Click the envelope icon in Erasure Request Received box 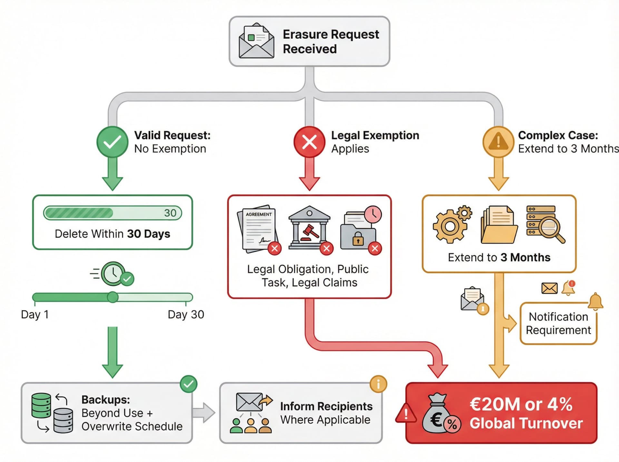point(256,41)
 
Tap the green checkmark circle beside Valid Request point(113,142)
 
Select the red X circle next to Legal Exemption point(309,142)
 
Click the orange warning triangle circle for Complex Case point(498,142)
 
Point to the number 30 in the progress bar point(170,213)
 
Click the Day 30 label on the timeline point(186,314)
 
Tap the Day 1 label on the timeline point(35,314)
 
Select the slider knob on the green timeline point(113,297)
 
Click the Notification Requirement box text point(558,323)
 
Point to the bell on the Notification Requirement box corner point(595,301)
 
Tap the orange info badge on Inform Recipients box point(378,384)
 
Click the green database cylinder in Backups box point(41,405)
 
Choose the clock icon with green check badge point(113,274)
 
